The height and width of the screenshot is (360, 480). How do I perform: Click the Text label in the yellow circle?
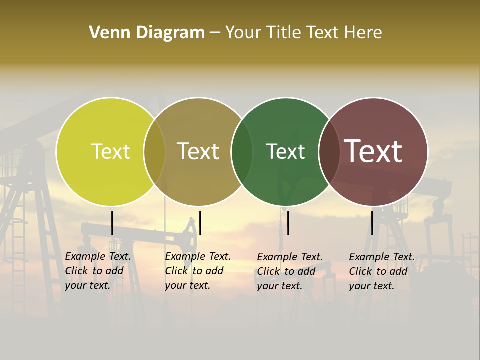[x=110, y=151]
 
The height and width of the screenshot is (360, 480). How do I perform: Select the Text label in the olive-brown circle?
[x=198, y=151]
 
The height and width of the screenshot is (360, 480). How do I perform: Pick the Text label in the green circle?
[x=285, y=151]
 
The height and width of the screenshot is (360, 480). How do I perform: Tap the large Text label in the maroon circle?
[x=373, y=151]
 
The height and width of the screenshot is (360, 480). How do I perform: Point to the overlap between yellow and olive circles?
[x=154, y=151]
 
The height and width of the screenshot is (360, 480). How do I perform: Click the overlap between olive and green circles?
[x=242, y=151]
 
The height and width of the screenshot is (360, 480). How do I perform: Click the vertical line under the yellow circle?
[x=112, y=223]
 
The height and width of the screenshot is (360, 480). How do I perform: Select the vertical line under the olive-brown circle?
[x=200, y=223]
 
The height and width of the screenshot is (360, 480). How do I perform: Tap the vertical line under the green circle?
[x=288, y=223]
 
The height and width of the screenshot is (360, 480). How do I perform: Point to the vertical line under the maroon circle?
[x=372, y=223]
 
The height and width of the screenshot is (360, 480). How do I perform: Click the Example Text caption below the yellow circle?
[x=98, y=271]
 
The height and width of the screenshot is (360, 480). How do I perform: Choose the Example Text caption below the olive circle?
[x=198, y=271]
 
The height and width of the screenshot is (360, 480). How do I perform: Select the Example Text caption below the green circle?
[x=290, y=271]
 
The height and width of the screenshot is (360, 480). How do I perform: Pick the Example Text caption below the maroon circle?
[x=382, y=271]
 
